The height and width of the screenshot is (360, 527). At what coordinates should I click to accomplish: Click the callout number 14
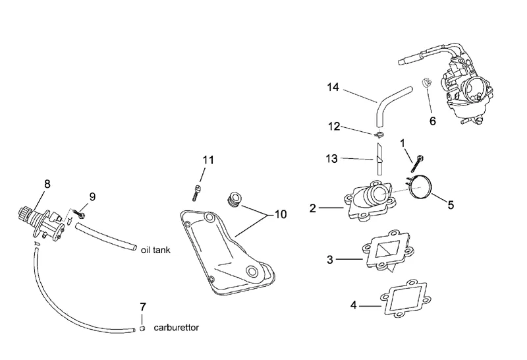(x=333, y=87)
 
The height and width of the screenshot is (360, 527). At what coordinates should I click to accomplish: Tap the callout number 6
(x=433, y=121)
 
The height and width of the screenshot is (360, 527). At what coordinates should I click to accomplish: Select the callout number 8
(x=47, y=185)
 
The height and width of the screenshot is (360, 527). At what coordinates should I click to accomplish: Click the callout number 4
(x=354, y=305)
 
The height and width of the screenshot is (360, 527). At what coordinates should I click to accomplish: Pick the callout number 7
(x=143, y=307)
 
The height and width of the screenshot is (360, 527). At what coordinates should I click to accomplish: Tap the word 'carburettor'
(x=177, y=327)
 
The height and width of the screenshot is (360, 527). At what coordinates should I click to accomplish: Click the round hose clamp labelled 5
(x=420, y=187)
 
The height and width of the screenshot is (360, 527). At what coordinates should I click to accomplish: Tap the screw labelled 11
(x=196, y=191)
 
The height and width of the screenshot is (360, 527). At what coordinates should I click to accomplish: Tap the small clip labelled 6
(x=426, y=84)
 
